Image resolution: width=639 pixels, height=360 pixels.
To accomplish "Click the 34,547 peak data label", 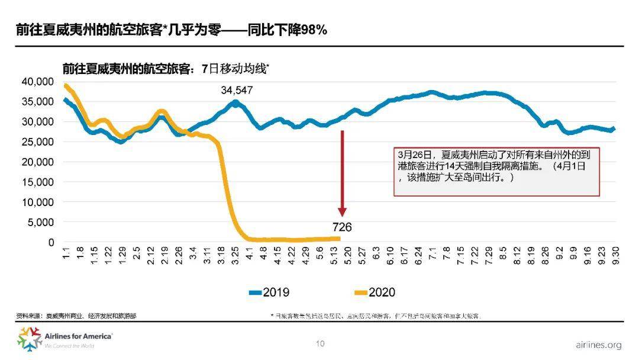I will [237, 91].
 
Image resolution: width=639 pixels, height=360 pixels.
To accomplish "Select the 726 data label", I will [342, 227].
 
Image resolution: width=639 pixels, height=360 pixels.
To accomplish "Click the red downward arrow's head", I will [342, 212].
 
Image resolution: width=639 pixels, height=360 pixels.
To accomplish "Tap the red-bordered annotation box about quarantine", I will [497, 171].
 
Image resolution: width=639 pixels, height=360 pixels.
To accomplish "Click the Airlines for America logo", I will [65, 339].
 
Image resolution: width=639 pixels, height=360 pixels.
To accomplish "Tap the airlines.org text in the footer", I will [598, 345].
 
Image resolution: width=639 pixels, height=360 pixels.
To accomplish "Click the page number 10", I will [320, 343].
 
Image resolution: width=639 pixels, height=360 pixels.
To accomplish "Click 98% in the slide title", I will [314, 30].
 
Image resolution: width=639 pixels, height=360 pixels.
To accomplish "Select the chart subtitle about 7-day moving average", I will [166, 68].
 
